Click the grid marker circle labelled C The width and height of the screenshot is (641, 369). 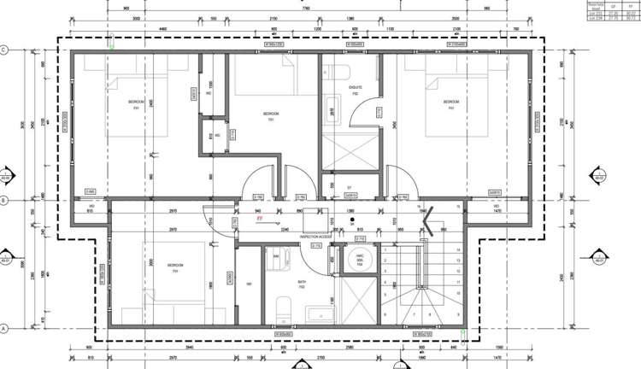pyautogui.click(x=5, y=50)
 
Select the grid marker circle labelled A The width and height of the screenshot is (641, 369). pyautogui.click(x=5, y=328)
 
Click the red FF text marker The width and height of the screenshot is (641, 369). pyautogui.click(x=235, y=219)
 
